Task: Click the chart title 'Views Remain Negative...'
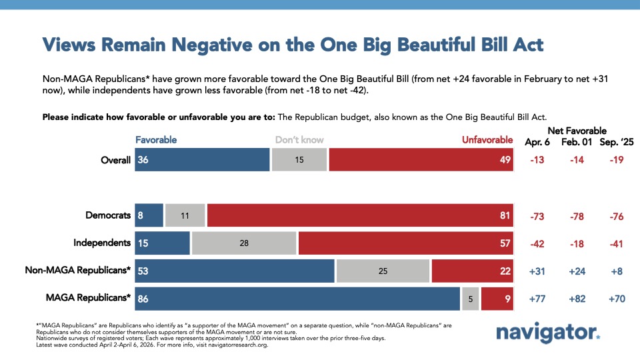(x=293, y=45)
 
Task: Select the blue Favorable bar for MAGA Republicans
(x=297, y=299)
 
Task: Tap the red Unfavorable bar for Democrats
(x=360, y=215)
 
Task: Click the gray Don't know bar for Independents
(x=243, y=243)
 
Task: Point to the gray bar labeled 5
(x=470, y=299)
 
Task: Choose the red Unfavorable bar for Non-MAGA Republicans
(x=472, y=271)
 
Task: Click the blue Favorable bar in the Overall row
(x=202, y=160)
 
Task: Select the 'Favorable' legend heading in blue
(x=156, y=140)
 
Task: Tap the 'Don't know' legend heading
(x=299, y=140)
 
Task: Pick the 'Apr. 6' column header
(x=538, y=141)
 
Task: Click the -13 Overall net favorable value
(x=538, y=160)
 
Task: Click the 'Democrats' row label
(x=108, y=215)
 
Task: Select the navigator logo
(x=548, y=333)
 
